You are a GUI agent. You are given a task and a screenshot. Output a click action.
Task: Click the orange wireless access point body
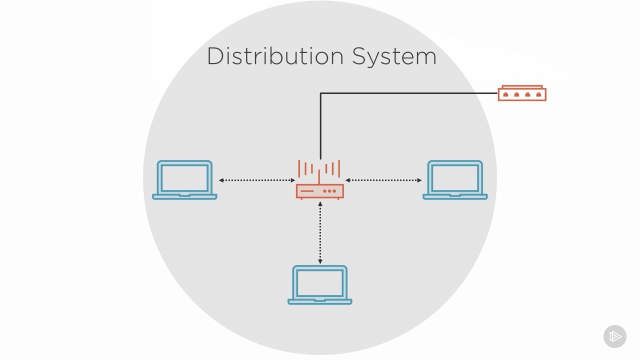(320, 191)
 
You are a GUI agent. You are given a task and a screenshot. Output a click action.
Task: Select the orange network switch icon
(522, 93)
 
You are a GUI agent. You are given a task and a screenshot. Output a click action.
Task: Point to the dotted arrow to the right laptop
(383, 180)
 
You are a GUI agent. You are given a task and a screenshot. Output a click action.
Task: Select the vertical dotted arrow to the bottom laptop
(320, 232)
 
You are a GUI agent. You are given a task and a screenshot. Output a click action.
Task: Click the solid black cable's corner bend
(320, 93)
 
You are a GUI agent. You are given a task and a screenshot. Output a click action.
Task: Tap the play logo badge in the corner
(615, 336)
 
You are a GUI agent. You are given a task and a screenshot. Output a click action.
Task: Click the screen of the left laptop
(184, 177)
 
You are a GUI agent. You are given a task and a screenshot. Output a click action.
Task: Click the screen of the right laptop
(455, 177)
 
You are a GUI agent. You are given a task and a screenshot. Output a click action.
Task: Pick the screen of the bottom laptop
(320, 282)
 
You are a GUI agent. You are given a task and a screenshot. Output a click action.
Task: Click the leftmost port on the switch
(505, 94)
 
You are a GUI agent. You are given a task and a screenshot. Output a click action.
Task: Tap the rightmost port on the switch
(538, 94)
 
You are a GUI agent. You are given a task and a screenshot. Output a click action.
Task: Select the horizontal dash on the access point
(306, 191)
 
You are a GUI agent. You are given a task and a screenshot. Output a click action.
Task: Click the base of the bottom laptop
(320, 301)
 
